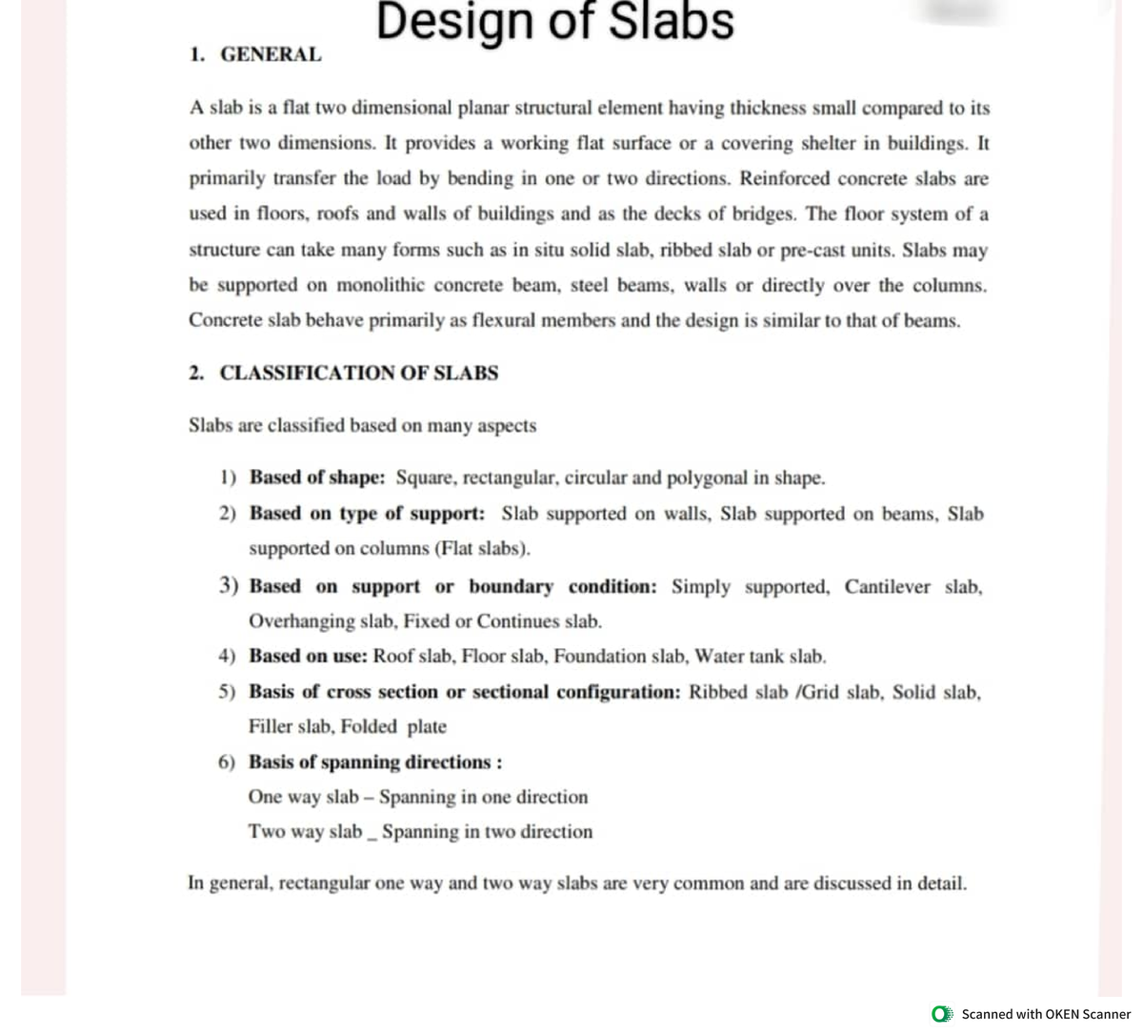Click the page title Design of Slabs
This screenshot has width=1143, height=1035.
(555, 22)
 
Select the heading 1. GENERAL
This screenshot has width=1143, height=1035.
(255, 55)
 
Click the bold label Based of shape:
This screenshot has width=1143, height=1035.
(317, 477)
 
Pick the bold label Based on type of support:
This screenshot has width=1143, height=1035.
(367, 514)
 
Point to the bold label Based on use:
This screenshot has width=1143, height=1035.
(309, 656)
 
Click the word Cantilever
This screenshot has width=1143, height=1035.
(887, 586)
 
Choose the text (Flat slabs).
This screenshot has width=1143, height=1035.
(483, 549)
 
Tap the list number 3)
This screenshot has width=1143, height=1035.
(229, 586)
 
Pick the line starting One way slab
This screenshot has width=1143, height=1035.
(417, 797)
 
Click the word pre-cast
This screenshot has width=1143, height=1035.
(812, 250)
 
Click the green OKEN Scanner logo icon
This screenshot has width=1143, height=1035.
(942, 1014)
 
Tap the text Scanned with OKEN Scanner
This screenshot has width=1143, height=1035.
(1046, 1014)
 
